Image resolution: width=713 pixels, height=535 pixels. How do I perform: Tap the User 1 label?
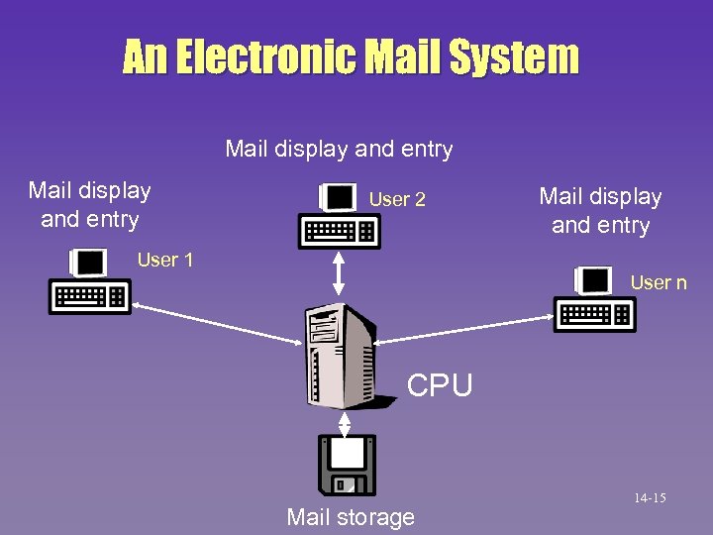coord(165,261)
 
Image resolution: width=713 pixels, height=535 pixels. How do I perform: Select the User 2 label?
coord(397,200)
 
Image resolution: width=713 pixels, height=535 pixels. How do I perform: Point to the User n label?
coord(658,283)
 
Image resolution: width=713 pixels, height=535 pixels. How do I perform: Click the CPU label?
coord(440,384)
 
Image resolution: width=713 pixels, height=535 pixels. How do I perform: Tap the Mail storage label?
coord(351,517)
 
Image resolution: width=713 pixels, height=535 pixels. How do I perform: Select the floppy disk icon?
coord(348,465)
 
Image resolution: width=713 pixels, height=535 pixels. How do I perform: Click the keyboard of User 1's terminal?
coord(90,297)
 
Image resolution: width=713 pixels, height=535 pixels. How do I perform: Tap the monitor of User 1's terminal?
coord(88,263)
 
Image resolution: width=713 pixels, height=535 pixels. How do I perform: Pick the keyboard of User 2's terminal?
coord(340,233)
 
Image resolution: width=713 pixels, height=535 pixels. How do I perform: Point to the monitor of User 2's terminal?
coord(338,197)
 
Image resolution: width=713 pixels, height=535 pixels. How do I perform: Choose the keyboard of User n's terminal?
coord(595,315)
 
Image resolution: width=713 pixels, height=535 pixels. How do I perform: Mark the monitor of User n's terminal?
coord(593,280)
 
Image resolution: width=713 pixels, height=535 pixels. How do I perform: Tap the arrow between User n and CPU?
coord(466,332)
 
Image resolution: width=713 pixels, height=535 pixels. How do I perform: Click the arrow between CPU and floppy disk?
coord(345,421)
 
